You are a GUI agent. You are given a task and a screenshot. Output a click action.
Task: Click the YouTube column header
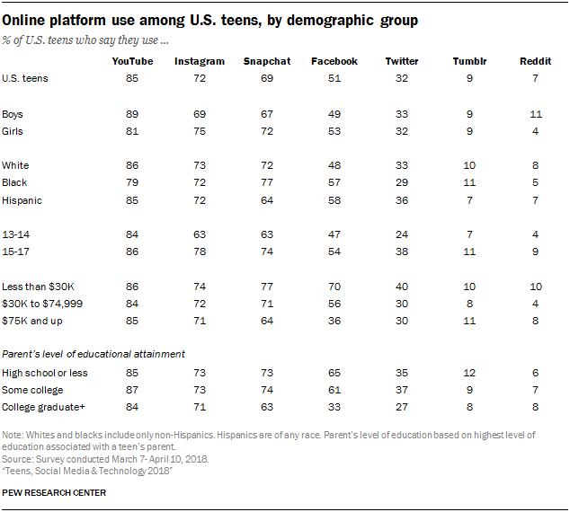(x=132, y=61)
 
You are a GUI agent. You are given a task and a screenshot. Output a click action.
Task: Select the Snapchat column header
(x=266, y=61)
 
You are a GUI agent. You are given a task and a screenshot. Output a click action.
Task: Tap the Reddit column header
(x=530, y=61)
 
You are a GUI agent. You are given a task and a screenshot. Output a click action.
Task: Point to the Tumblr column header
(x=465, y=61)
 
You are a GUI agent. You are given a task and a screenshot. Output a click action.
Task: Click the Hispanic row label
(x=22, y=200)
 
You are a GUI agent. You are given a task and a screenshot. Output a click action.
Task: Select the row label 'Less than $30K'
(x=33, y=287)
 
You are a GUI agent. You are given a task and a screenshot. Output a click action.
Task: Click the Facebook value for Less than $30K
(x=334, y=287)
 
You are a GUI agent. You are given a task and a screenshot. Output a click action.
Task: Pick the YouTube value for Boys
(x=132, y=114)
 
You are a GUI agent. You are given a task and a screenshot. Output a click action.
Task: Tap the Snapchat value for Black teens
(x=266, y=183)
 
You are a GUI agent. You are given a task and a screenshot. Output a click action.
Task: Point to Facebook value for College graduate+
(x=334, y=407)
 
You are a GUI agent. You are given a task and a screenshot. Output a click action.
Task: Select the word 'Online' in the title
(x=28, y=19)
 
